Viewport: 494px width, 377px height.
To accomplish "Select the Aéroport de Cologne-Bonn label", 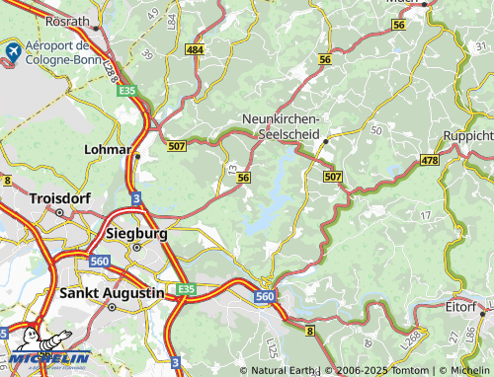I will (61, 52).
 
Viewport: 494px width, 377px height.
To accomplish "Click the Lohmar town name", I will (110, 148).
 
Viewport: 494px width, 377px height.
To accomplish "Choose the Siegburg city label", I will (135, 233).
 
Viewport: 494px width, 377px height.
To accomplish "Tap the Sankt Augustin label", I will (111, 293).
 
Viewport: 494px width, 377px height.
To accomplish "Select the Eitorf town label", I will (460, 307).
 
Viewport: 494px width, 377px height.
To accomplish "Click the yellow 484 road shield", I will (196, 49).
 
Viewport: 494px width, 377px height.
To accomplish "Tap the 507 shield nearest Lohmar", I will (176, 147).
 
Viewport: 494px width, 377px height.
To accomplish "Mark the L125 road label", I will (271, 347).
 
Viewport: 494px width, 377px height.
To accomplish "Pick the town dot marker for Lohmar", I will (137, 155).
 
